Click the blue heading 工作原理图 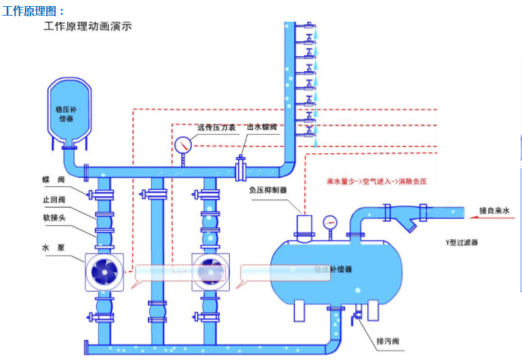pos(34,12)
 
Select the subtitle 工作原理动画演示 pos(87,27)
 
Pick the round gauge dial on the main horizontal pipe pos(183,145)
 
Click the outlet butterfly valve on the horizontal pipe pos(241,167)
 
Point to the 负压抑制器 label pos(268,191)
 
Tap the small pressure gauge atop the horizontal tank pos(330,222)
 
